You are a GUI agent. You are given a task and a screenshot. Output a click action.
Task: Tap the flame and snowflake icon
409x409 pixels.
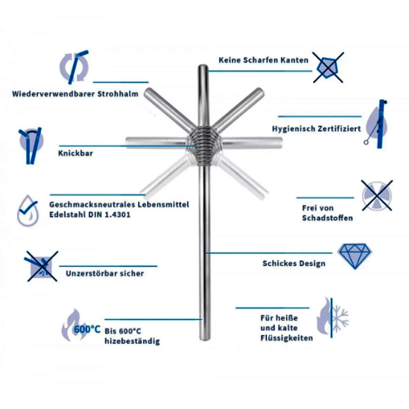coord(332,318)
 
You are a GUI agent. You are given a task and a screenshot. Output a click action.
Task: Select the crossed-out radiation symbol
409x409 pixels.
coord(377,196)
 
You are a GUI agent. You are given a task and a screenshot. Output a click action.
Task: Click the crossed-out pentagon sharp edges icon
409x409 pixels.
coord(328,67)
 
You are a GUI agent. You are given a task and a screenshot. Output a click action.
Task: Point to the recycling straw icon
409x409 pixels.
coord(74,67)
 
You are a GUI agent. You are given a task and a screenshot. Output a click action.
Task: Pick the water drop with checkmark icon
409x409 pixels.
coord(28,211)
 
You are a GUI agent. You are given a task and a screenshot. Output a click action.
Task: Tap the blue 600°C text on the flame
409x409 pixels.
coord(87,329)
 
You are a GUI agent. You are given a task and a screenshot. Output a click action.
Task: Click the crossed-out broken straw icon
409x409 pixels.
coord(42,266)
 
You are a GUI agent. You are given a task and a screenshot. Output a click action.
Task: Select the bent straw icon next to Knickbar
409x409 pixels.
coord(31,146)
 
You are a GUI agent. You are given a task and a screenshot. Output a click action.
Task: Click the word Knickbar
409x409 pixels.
coord(75,153)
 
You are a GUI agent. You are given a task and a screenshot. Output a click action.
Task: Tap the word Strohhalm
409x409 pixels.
coord(118,94)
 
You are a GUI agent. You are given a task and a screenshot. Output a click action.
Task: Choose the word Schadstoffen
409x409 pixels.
coord(327,218)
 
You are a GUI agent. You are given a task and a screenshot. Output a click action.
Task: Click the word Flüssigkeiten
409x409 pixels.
coord(286,338)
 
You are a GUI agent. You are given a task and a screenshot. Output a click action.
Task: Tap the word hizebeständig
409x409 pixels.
coord(132,341)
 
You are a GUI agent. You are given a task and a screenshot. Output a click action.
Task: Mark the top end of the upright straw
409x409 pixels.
coord(203,66)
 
